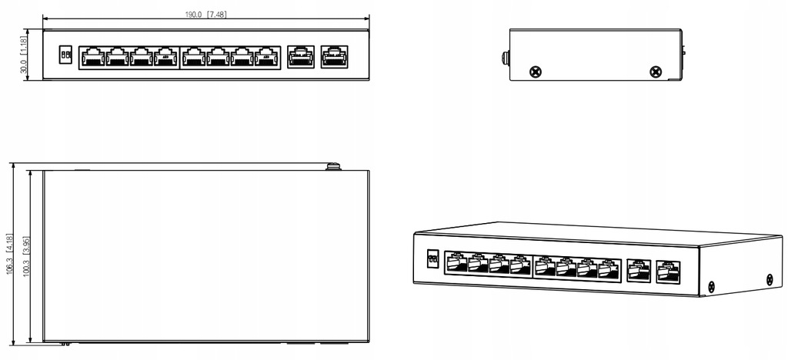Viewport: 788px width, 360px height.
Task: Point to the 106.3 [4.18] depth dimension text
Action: [9, 254]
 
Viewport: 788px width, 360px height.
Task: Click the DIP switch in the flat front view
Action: [65, 55]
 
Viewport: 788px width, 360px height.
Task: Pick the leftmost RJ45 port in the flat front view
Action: [92, 56]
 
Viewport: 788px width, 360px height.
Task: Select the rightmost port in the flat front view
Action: [332, 56]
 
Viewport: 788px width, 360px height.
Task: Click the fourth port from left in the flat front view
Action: [165, 56]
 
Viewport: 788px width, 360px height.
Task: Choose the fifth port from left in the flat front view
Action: [193, 56]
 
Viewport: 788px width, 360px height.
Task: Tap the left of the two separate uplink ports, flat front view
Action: [299, 56]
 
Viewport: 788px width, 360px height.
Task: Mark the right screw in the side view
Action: [655, 72]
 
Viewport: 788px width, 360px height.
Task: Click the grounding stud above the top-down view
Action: [333, 165]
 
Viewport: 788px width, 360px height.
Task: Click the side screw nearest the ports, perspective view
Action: [712, 287]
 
